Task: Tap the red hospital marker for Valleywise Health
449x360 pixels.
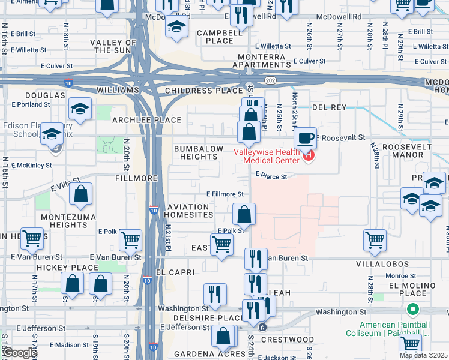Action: pos(309,156)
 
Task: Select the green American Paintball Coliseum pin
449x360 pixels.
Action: pos(412,310)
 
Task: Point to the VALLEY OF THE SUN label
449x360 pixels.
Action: pos(119,46)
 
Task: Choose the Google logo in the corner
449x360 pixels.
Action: pos(20,353)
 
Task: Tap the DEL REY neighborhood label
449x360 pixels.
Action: pos(330,107)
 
